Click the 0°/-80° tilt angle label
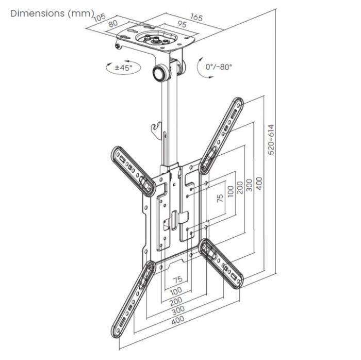pos(219,67)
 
